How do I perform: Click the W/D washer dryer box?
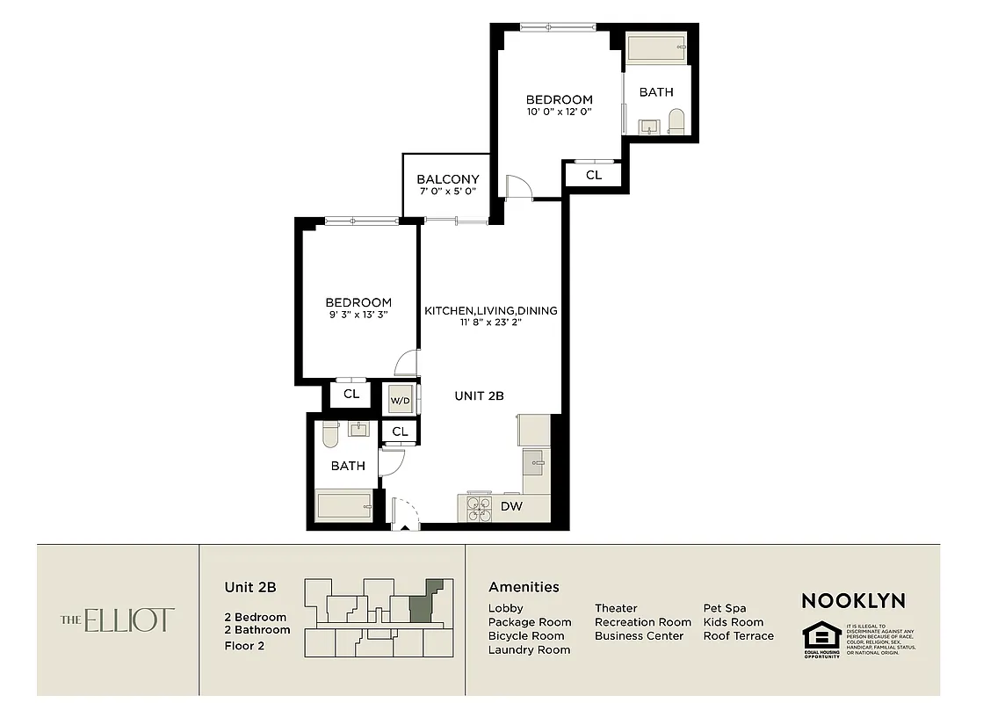[x=401, y=400]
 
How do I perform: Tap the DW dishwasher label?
[x=511, y=507]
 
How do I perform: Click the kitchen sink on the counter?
[x=535, y=461]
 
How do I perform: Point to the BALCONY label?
[x=448, y=179]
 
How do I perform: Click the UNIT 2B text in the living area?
[x=479, y=396]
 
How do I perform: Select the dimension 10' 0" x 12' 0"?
[x=559, y=112]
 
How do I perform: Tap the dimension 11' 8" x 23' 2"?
[x=491, y=323]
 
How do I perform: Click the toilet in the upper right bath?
[x=676, y=121]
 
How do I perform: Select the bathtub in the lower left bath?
[x=343, y=506]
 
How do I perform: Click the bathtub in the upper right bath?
[x=657, y=47]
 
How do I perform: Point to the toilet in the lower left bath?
[x=329, y=433]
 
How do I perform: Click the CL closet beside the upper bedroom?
[x=594, y=176]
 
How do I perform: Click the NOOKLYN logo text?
[x=852, y=601]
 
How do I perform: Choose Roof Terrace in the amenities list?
[x=738, y=636]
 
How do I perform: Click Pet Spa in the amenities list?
[x=726, y=608]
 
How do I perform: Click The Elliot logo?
[x=117, y=620]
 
